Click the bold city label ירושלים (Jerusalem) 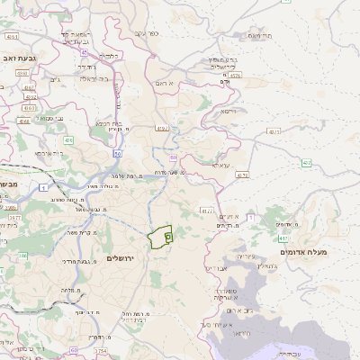(119, 258)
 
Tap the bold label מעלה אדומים (304, 252)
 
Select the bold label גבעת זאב (18, 58)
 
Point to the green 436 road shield (68, 140)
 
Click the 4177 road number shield (206, 211)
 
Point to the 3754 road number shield (100, 350)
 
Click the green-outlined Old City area (160, 237)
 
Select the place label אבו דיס (220, 268)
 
